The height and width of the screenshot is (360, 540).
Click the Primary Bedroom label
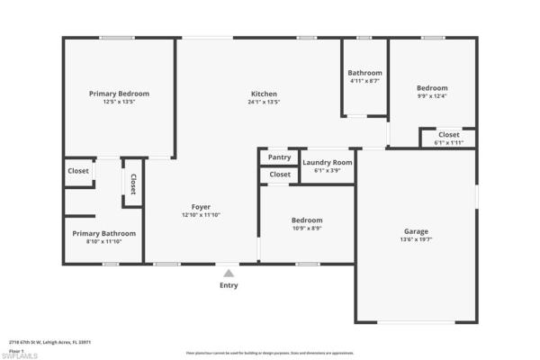pos(119,94)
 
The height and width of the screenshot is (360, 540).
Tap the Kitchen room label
pos(264,94)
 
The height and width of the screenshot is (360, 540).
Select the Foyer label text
pos(201,207)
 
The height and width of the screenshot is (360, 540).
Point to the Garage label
pos(416,231)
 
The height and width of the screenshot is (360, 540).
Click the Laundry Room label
pos(328,163)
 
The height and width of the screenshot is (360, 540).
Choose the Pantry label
pos(280,157)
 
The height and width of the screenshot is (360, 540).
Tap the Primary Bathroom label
pos(104,233)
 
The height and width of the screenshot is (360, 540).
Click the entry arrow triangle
pos(229,273)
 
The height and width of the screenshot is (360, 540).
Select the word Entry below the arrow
pos(229,285)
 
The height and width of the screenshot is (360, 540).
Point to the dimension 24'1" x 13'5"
pos(264,102)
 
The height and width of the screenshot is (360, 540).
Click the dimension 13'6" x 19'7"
pos(416,240)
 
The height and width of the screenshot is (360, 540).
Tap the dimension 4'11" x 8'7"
pos(364,81)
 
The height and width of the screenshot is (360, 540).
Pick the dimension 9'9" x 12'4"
pos(431,95)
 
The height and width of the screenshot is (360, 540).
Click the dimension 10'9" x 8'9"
pos(306,229)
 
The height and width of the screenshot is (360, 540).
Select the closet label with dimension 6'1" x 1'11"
pos(448,135)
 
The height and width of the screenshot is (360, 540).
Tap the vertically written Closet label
pos(133,184)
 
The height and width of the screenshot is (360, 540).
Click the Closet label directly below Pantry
pos(280,175)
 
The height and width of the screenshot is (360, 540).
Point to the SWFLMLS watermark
pos(20,355)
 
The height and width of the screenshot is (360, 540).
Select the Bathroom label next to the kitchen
pos(364,73)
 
